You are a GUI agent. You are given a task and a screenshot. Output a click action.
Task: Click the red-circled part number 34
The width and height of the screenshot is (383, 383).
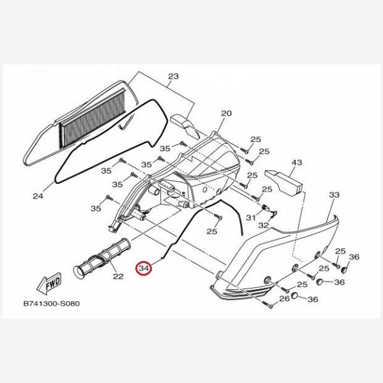144,269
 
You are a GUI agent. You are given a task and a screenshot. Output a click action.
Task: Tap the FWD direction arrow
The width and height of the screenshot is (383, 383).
49,284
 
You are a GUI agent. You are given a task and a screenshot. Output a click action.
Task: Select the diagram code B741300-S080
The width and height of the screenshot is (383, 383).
52,304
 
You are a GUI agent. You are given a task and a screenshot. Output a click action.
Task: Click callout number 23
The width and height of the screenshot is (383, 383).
174,77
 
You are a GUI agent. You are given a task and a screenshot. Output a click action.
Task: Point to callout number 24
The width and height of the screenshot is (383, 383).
38,196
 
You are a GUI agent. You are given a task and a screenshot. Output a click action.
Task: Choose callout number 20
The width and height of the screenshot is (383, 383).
226,114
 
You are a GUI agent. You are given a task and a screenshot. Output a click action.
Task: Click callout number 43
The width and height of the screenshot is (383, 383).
297,162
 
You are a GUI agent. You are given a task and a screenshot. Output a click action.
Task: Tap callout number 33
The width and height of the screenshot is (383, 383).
334,195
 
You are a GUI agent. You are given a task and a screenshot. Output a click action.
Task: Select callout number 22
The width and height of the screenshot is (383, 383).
118,276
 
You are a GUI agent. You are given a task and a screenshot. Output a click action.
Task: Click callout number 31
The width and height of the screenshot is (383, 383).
251,218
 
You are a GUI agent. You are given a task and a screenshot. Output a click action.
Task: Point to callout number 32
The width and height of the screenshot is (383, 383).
263,225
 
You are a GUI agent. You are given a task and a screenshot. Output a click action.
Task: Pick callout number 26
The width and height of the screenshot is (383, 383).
284,299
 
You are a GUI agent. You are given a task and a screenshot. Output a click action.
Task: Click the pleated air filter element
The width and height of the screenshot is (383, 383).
93,118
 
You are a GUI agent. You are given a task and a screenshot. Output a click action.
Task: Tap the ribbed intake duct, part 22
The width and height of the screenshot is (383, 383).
102,259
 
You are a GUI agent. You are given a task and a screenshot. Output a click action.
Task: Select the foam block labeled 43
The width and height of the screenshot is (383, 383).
284,182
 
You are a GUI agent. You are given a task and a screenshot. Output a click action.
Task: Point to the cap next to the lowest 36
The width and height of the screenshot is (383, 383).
295,295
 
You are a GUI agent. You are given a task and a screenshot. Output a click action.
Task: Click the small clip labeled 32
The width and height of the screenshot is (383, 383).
274,214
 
